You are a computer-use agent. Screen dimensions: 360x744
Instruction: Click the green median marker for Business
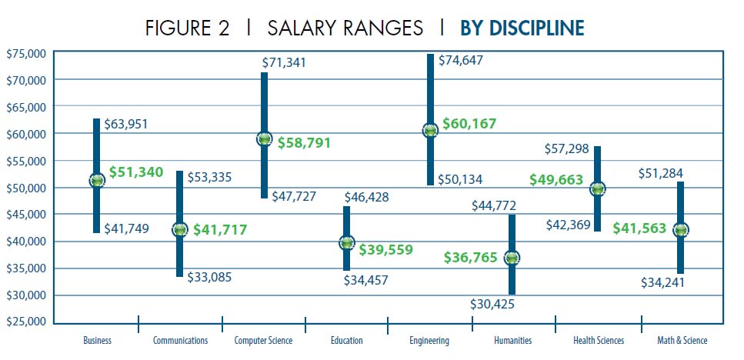96,180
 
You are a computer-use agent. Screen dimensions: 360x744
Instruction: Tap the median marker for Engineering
430,131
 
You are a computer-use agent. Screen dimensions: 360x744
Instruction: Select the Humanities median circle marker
512,258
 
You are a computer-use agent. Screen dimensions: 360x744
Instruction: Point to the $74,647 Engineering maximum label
460,60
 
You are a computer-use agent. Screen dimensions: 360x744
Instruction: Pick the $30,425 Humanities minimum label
492,304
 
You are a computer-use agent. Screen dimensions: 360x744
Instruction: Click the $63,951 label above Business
127,125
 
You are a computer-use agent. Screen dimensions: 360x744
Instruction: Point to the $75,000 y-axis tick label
26,53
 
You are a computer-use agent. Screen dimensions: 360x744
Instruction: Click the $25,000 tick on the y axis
26,322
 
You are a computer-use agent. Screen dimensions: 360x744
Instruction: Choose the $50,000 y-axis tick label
26,188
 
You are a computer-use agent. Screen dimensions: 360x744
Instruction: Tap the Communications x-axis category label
180,340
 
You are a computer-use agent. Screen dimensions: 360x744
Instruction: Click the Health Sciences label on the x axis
599,340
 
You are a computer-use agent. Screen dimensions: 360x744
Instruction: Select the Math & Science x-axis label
682,340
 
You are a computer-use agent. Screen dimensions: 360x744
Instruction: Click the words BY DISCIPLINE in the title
522,28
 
